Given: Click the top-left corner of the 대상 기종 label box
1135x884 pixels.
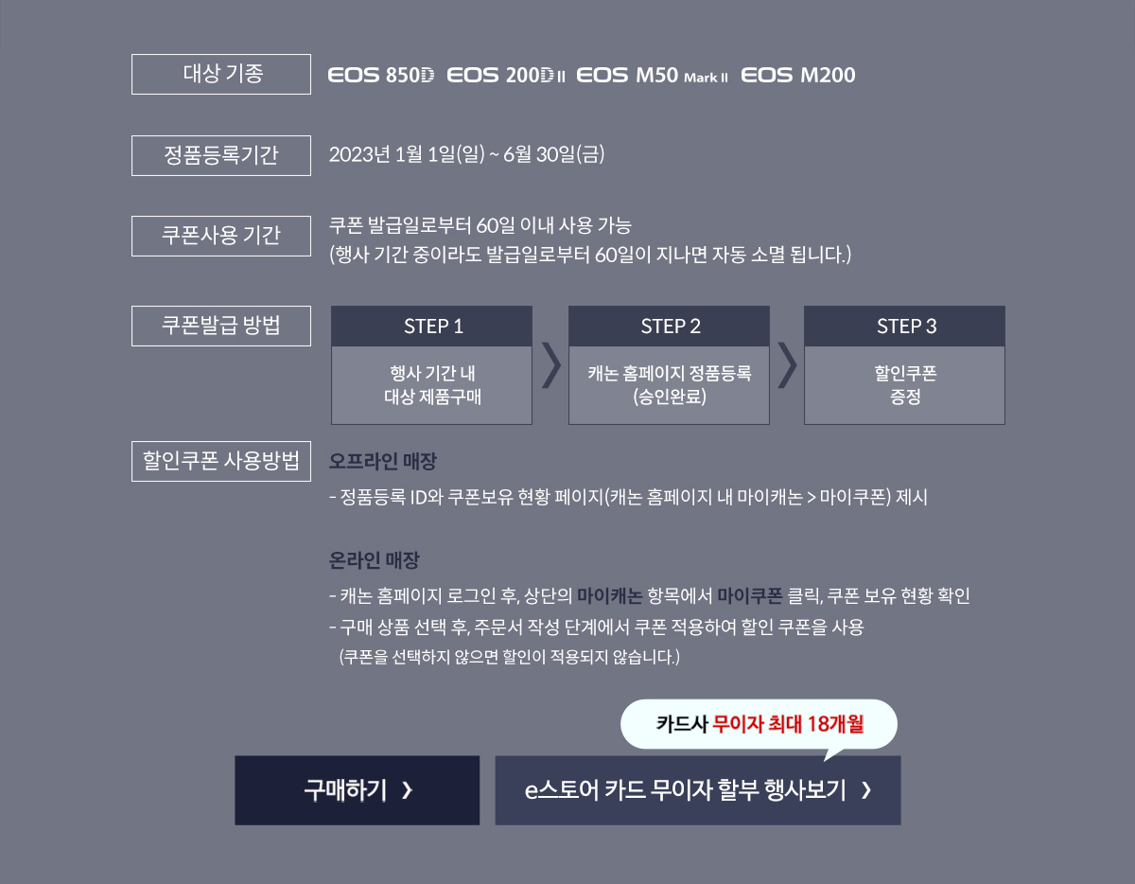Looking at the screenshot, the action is click(131, 54).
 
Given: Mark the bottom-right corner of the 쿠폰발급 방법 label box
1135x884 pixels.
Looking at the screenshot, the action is click(311, 345).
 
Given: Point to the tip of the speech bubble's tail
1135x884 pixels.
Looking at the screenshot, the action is click(824, 761).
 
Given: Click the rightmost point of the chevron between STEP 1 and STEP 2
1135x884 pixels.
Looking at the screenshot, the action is click(561, 365).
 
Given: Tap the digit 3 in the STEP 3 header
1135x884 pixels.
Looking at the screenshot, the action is click(932, 327).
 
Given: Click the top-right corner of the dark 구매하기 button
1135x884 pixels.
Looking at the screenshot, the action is click(480, 756).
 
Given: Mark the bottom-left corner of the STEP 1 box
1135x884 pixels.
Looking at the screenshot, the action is click(331, 424).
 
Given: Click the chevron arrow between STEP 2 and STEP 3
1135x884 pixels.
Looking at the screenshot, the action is click(787, 365).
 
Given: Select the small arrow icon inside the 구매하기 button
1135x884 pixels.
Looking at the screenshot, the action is click(408, 790).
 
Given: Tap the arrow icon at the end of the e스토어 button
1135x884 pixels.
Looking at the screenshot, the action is click(866, 790).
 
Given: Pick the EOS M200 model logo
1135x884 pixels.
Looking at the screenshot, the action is click(798, 75).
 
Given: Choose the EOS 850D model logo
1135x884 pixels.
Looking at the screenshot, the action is click(381, 75).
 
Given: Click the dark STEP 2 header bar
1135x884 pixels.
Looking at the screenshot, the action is click(669, 327).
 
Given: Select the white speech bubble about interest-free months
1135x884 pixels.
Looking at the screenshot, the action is click(759, 725).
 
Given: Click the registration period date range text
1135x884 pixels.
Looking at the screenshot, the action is click(466, 154).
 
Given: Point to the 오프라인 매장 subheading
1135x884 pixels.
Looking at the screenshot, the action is click(383, 461).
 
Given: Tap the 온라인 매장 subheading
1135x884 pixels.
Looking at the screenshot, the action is click(374, 560).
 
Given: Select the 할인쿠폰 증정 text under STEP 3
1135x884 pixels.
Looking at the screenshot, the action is click(905, 385).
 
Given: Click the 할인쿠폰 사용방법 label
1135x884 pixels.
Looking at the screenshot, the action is click(221, 461).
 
